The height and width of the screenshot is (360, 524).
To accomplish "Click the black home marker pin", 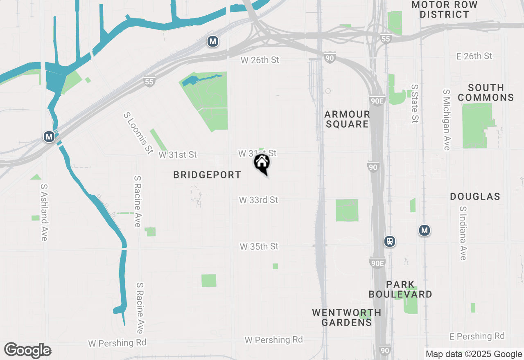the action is [262, 163].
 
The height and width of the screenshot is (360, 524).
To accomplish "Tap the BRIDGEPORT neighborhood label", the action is [207, 175].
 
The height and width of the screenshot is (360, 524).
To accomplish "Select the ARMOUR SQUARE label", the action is [348, 119].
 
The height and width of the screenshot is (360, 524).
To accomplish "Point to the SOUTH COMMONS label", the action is [486, 92].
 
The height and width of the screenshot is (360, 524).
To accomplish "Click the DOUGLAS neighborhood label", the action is [475, 196].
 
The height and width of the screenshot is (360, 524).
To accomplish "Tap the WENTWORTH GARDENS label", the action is [346, 317].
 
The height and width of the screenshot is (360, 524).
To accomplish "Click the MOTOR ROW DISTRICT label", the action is [445, 9].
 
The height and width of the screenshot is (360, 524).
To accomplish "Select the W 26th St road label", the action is [260, 60].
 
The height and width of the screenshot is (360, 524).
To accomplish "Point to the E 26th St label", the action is [474, 56].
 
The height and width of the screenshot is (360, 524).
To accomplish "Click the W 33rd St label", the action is [258, 200].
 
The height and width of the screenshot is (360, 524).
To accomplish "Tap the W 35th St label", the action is [259, 247].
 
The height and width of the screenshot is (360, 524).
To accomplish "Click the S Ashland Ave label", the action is [44, 212].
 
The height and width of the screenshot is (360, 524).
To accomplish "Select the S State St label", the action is [415, 103].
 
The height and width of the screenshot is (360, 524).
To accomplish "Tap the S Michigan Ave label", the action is [447, 120].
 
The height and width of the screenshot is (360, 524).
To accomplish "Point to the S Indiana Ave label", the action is [463, 233].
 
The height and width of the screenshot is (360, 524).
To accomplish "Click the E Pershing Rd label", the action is [477, 336].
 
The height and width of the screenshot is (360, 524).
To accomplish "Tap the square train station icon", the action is [390, 241].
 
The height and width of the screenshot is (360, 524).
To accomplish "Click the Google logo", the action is [27, 351].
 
